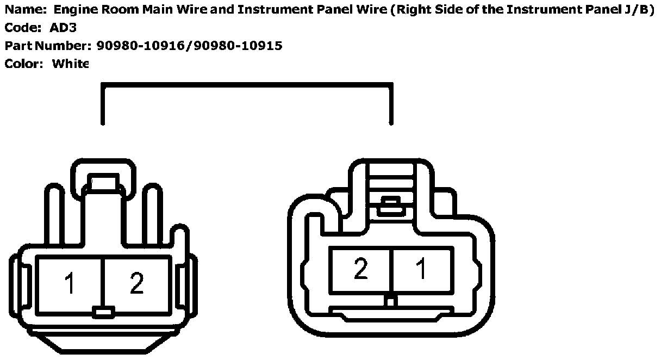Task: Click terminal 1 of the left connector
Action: (70, 283)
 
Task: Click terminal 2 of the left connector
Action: (136, 283)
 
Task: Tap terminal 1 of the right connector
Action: (421, 270)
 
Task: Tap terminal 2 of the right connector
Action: (360, 270)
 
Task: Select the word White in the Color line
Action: (70, 64)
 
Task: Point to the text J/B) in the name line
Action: (638, 10)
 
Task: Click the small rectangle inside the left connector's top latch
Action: (103, 182)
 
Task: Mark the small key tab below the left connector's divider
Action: (103, 312)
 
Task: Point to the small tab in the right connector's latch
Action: (390, 204)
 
